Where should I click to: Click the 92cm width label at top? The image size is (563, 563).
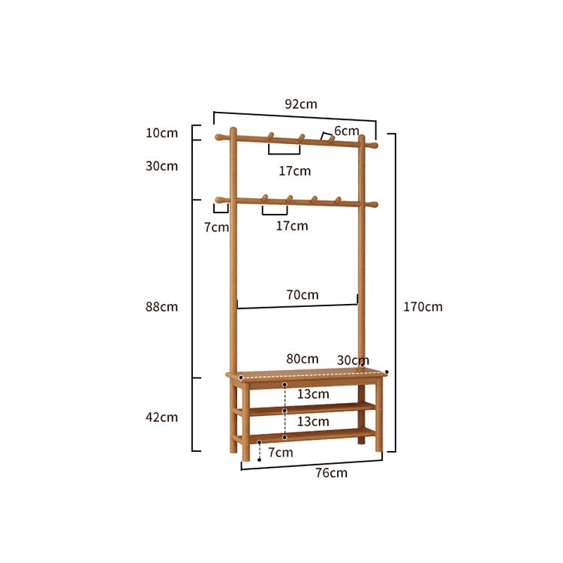coord(301,104)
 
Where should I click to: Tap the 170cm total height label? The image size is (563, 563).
coord(423,306)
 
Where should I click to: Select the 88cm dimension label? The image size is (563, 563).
coord(161,306)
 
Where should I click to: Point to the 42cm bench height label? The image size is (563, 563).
coord(161,417)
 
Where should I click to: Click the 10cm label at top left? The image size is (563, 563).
coord(161,133)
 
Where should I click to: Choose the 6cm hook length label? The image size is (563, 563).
coord(347,131)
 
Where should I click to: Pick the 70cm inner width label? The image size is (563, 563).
coord(303,295)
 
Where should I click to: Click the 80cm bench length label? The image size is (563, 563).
coord(303,359)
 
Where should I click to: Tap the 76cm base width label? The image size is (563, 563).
coord(331,473)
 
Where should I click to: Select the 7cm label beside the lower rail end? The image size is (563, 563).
coord(216,227)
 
